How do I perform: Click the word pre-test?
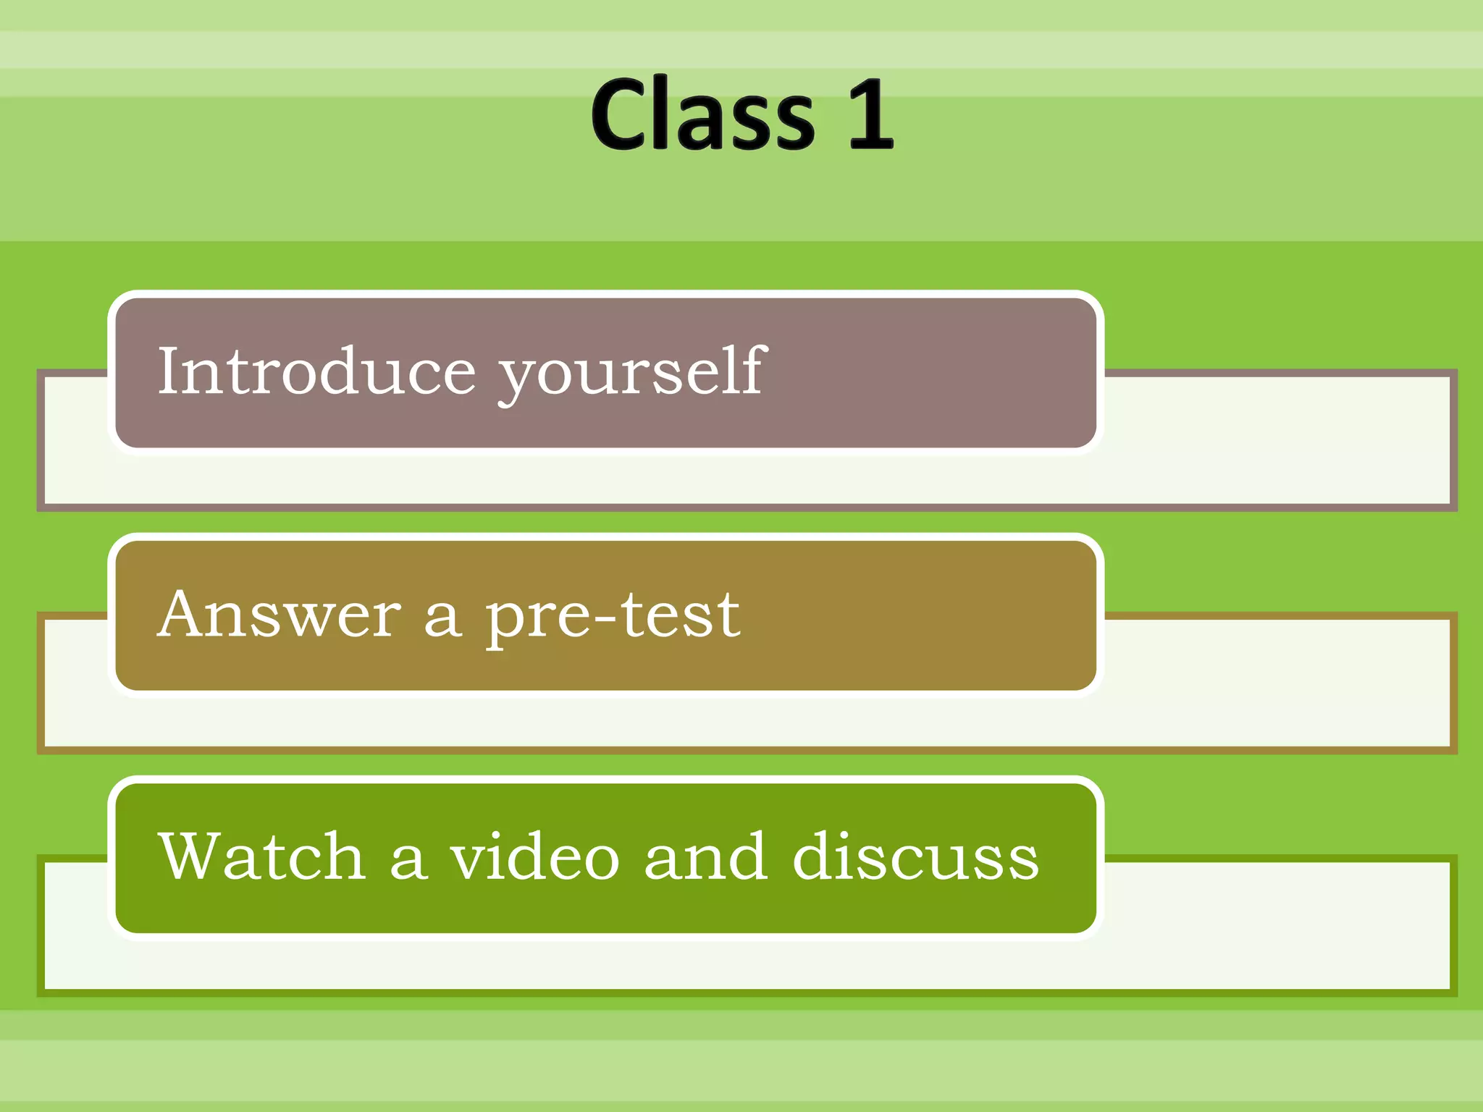coord(613,615)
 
